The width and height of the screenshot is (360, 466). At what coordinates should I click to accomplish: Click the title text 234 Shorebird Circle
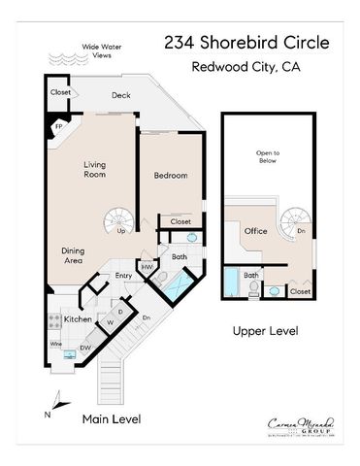coord(247,43)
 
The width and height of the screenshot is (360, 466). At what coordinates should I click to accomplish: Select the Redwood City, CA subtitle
coord(247,67)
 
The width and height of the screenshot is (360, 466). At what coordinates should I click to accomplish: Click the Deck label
coord(121,95)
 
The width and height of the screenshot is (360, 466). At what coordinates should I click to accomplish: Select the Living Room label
coord(94,171)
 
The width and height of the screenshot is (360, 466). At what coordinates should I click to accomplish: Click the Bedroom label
coord(171,176)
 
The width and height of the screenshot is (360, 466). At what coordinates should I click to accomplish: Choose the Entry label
coord(123,276)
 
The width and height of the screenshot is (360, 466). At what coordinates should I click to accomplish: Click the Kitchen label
coord(78,318)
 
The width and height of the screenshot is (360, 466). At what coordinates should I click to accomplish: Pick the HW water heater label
coord(147,267)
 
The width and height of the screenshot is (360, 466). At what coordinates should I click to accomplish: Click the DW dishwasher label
coord(85,347)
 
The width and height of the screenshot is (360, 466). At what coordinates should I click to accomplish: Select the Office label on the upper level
coord(256,231)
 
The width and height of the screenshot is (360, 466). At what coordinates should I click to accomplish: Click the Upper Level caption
coord(265,332)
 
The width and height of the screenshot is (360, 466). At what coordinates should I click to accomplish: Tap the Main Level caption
coord(111,418)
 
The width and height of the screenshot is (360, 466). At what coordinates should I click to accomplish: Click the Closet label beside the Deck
coord(61,93)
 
